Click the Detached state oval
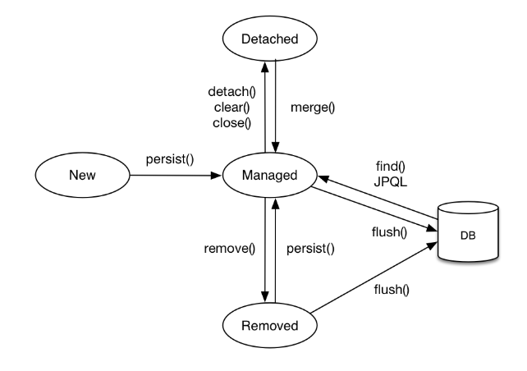[x=271, y=38]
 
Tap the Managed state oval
[x=270, y=175]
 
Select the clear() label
[x=229, y=108]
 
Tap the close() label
[x=229, y=123]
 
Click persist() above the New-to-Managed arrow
[x=169, y=159]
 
